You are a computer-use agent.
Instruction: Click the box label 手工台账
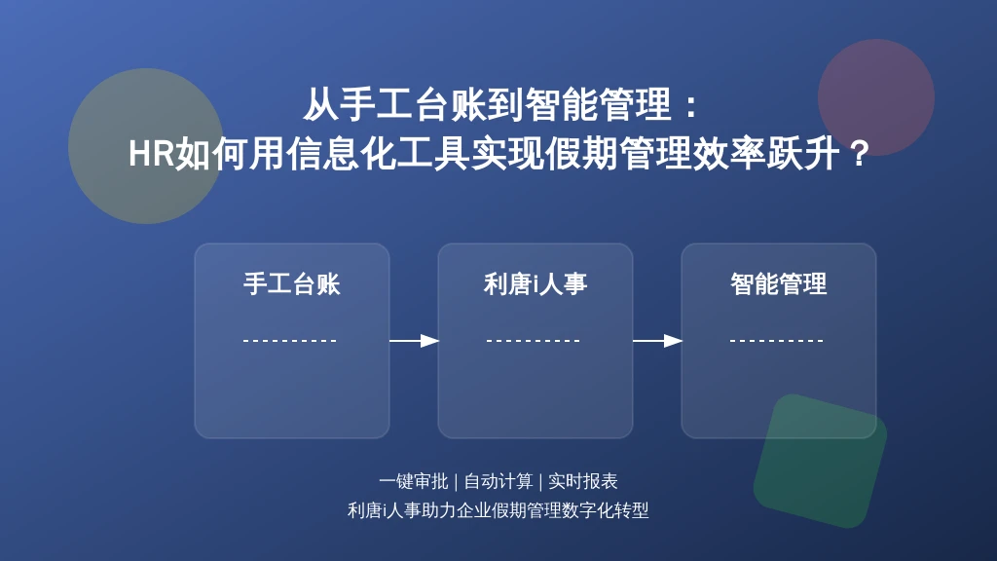tap(292, 283)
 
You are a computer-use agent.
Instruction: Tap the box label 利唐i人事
tap(535, 283)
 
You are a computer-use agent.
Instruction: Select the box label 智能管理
tap(778, 283)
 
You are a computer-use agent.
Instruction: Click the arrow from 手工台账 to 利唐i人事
tap(414, 341)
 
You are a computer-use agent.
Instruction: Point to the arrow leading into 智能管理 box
tap(657, 341)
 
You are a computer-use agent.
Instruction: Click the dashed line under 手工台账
tap(290, 341)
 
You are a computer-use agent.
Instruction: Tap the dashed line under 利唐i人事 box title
tap(534, 341)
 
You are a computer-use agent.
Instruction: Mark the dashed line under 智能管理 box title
tap(777, 341)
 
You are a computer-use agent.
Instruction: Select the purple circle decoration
tap(876, 97)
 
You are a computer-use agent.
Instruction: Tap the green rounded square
tap(820, 461)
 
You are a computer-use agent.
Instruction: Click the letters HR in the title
tap(151, 154)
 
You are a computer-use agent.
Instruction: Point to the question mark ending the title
tap(859, 154)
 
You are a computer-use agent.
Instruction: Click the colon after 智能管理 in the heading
tap(692, 105)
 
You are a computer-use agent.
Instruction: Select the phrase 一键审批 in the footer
tap(413, 481)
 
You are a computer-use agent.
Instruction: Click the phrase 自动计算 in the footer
tap(498, 481)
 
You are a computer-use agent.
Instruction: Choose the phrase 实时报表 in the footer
tap(582, 481)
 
